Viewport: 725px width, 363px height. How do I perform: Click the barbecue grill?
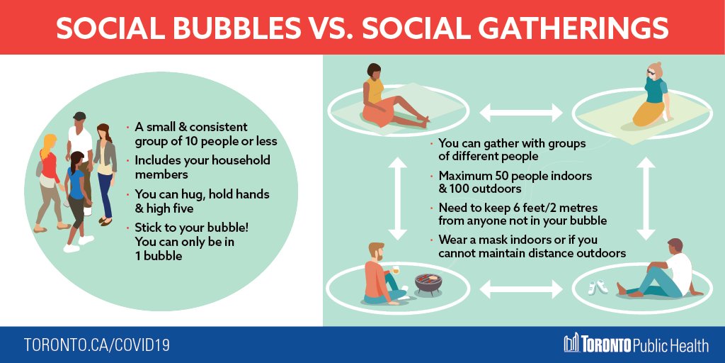(x=428, y=283)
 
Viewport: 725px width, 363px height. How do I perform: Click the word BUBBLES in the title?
(x=234, y=27)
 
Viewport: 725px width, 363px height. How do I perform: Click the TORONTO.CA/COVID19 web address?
(x=96, y=345)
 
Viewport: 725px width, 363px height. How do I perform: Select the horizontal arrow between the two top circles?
(x=520, y=111)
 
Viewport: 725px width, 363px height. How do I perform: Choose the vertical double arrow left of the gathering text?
(x=397, y=197)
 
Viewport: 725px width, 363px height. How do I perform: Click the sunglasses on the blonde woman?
(x=651, y=72)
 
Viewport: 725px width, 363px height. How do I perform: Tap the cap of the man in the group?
(x=79, y=116)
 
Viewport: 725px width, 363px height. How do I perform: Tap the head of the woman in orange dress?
(x=373, y=72)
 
